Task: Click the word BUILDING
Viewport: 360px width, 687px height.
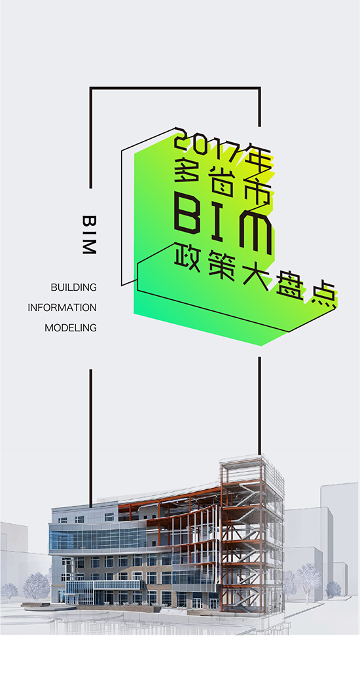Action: [73, 288]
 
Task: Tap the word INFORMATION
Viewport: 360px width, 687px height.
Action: [62, 308]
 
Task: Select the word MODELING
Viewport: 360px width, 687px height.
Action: [71, 327]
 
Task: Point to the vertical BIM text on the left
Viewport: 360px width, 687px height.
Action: [89, 234]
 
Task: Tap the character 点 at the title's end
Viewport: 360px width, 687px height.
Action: [324, 297]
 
